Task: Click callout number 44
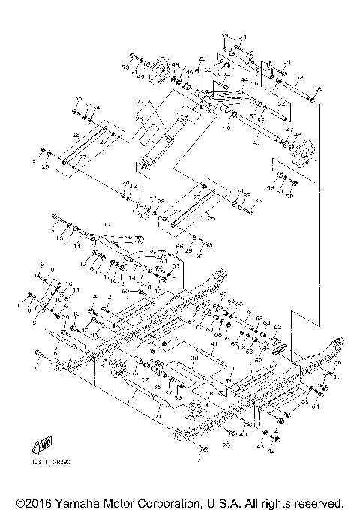point(244,79)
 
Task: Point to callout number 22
point(139,101)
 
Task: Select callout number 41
point(214,343)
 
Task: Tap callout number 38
point(193,358)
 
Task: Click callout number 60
point(125,291)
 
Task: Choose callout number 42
point(271,451)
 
